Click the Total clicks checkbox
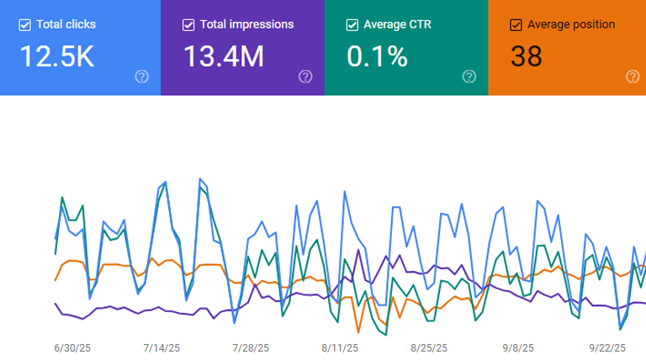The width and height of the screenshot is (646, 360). pos(24,24)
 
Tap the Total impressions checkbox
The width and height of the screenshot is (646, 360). pos(188,24)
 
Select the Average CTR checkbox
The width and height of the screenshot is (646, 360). pos(352,24)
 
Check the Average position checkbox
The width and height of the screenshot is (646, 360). pos(516,24)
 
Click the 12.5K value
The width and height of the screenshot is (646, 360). pos(56,56)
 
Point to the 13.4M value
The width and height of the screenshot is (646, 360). pos(224,56)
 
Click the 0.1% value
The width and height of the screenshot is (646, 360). pos(378,56)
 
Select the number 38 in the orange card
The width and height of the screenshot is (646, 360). pos(527,56)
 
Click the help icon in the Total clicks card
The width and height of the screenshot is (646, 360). pos(141,77)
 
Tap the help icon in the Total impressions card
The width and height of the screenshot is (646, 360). pos(305,77)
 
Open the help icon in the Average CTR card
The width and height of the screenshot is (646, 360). pos(469,77)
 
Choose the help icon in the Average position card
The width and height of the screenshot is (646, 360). pos(633,77)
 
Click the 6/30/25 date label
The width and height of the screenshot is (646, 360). pos(71,347)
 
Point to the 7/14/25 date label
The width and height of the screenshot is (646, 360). pos(161,347)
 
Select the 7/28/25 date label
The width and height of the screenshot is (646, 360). pos(251,347)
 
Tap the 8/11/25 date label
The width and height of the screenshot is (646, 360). pos(340,347)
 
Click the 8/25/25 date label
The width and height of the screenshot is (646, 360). pos(429,347)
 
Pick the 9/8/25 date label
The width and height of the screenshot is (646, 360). pos(518,347)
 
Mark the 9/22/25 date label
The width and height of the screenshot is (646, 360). pos(607,347)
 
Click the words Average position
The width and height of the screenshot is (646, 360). pos(571,24)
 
